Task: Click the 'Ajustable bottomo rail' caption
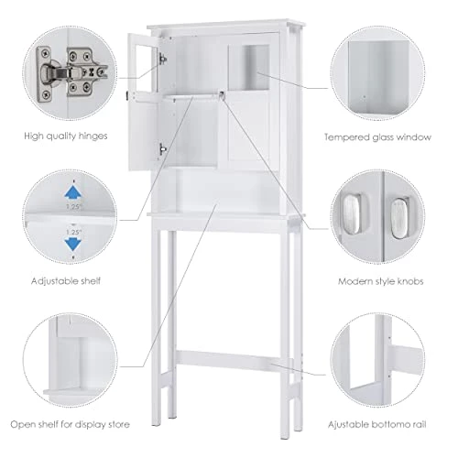click(389, 424)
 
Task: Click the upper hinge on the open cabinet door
click(163, 58)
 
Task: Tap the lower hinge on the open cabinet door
click(163, 147)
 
